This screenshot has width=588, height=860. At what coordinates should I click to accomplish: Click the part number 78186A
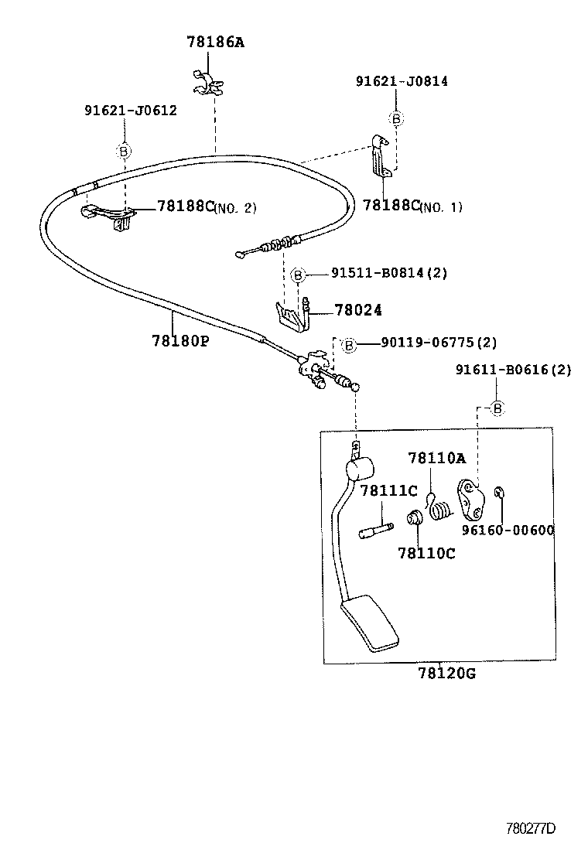coord(214,43)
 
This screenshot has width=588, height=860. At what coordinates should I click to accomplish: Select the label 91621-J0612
coord(130,110)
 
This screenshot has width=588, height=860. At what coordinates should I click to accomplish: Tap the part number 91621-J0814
coord(402,80)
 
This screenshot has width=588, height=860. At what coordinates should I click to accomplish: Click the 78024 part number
coord(358,310)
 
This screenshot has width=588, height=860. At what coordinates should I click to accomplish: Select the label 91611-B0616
coord(513,370)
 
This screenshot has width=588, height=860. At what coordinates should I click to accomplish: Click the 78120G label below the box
coord(446,673)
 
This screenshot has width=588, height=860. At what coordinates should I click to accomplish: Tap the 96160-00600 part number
coord(508,530)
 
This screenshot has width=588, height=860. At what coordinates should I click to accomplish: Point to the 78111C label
coord(388,490)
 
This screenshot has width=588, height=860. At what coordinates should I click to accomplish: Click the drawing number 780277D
coord(531,828)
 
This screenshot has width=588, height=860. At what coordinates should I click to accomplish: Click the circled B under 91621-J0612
coord(123,152)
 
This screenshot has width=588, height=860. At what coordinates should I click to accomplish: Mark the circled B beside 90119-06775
coord(349,345)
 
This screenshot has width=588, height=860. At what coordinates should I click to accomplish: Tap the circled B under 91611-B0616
coord(497,408)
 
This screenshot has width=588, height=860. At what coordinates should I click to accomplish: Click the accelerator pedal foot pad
coord(369,623)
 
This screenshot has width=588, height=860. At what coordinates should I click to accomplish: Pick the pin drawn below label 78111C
coord(376,530)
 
